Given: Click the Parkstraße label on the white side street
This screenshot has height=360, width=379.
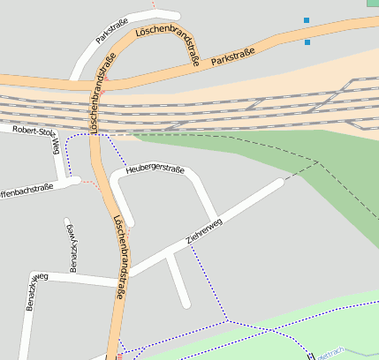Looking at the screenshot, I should pos(112,31).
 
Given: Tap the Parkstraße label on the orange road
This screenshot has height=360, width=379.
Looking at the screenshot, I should pos(233,57).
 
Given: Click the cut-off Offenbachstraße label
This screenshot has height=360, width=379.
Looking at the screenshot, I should pos(27,188).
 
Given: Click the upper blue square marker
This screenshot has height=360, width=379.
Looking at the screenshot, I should pos(307,20).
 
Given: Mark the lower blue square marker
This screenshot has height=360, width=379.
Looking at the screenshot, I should pos(307,41).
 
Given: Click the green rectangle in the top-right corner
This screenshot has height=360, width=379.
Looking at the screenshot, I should pos(373,3).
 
